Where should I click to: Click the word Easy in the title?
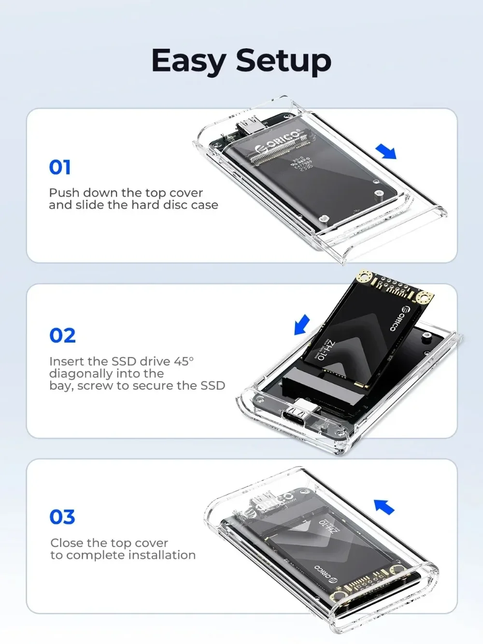tap(189, 61)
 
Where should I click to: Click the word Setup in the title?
tap(284, 61)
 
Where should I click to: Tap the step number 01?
tap(60, 168)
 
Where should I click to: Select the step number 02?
tap(62, 336)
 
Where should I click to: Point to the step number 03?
tap(62, 517)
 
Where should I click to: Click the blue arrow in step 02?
tap(302, 324)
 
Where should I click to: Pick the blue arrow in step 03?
tap(384, 507)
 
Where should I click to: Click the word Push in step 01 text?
tap(64, 193)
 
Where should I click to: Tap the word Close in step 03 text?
tap(67, 543)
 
